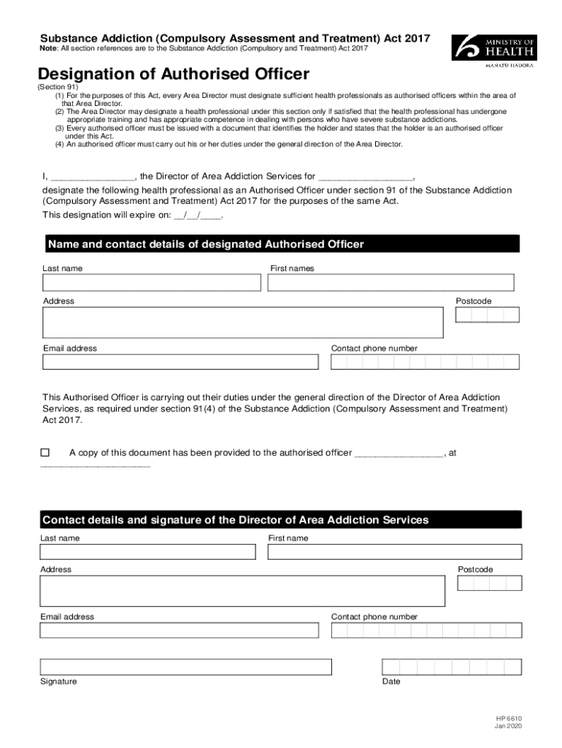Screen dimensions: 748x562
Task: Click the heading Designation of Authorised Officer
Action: [x=174, y=74]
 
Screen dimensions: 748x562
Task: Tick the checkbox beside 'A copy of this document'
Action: [x=45, y=453]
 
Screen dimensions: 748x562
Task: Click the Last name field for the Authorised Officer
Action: [x=151, y=283]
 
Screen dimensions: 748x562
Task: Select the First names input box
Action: [x=390, y=283]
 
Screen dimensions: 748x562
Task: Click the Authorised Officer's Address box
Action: [x=242, y=323]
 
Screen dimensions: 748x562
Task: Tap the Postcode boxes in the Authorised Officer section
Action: [x=487, y=315]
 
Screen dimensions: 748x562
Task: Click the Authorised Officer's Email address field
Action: [x=180, y=362]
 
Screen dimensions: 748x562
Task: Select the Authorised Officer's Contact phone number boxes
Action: [x=425, y=362]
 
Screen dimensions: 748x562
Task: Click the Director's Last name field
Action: [x=147, y=552]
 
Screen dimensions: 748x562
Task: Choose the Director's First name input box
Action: [x=394, y=552]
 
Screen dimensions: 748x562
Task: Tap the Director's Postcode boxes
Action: [x=489, y=583]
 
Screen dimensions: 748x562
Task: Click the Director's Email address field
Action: [x=180, y=630]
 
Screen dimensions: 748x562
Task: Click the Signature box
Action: [x=185, y=667]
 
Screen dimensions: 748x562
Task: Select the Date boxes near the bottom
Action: [x=452, y=667]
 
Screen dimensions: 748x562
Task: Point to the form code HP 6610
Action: [x=508, y=718]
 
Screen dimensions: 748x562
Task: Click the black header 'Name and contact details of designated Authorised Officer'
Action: [x=280, y=244]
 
